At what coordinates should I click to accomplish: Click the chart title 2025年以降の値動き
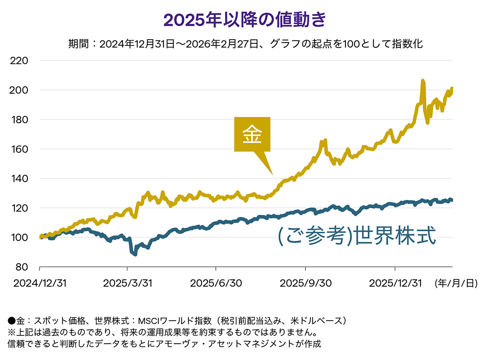[245, 20]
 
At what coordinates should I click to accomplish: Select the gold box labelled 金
[252, 135]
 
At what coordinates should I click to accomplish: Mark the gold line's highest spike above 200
[423, 81]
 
